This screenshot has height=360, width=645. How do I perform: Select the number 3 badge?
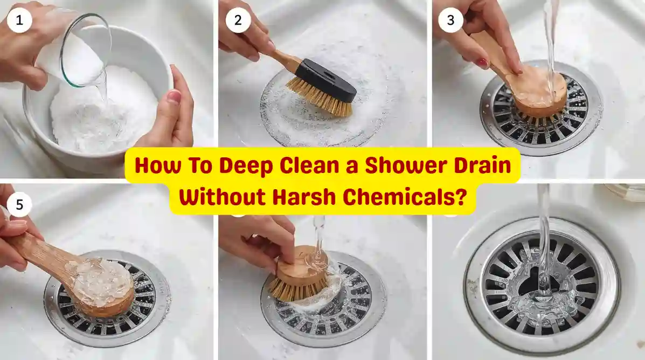450,20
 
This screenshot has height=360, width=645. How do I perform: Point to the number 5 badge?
19,205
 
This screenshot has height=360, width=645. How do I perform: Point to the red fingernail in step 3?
481,63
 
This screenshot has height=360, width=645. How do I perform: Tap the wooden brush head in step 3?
539,97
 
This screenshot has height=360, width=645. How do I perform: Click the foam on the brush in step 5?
100,278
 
